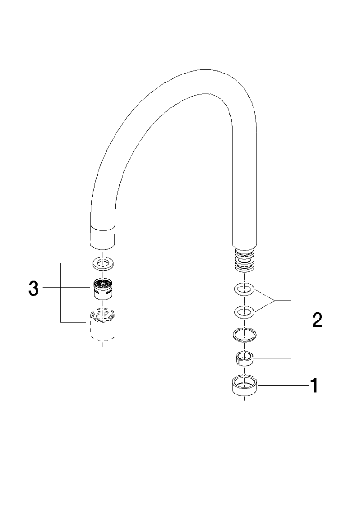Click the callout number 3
[x=33, y=288]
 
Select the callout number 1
[x=314, y=386]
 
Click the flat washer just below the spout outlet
[x=103, y=264]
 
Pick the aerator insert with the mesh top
[x=103, y=288]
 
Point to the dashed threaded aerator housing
[x=103, y=325]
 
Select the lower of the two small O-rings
[x=244, y=312]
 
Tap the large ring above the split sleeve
[x=244, y=334]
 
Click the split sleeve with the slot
[x=244, y=358]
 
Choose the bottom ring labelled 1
[x=244, y=385]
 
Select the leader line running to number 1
[x=282, y=386]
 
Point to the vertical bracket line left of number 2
[x=291, y=329]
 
